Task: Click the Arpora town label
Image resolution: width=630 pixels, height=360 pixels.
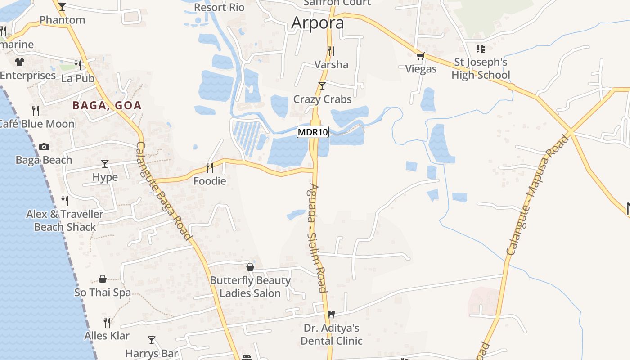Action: [318, 23]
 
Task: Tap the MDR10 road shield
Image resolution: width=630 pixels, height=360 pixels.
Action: [313, 132]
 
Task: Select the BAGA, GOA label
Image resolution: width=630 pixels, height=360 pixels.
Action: [107, 106]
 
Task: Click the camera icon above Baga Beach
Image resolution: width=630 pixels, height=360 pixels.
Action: [44, 147]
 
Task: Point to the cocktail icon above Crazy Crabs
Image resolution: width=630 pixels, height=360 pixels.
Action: [322, 85]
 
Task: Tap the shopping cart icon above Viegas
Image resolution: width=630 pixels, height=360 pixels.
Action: [421, 56]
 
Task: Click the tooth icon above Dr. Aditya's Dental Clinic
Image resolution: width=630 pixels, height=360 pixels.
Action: [331, 314]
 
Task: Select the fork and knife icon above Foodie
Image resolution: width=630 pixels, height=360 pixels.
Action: [209, 167]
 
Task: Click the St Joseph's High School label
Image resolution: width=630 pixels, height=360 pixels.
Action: [481, 68]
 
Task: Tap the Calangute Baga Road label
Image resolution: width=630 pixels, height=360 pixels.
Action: [164, 191]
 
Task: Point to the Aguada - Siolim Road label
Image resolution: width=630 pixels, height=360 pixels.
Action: [318, 238]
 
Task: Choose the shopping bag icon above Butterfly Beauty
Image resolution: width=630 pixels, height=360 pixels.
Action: [250, 267]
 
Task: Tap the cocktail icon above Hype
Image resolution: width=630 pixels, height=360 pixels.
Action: [105, 163]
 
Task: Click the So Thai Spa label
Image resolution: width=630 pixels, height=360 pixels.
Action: [103, 292]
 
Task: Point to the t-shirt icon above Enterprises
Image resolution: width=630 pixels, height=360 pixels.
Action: [19, 62]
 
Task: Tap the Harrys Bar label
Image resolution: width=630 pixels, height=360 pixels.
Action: [152, 353]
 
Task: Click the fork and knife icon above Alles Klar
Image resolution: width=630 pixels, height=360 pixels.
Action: [107, 322]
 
